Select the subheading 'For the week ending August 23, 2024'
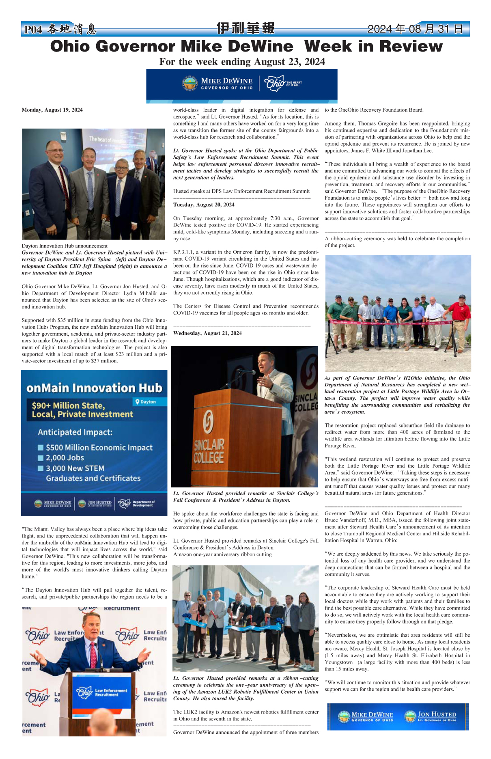[x=242, y=62]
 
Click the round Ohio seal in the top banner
[x=190, y=84]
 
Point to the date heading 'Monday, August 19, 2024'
[x=52, y=110]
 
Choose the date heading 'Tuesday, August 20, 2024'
[x=204, y=205]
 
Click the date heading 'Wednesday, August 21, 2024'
[x=207, y=333]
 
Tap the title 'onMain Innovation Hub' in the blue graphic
[x=94, y=388]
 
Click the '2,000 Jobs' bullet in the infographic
[x=65, y=458]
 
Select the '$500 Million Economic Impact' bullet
[x=99, y=448]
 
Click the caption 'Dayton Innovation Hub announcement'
[x=65, y=246]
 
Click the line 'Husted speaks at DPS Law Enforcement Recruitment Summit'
[x=241, y=191]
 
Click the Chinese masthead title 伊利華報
[x=245, y=28]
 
